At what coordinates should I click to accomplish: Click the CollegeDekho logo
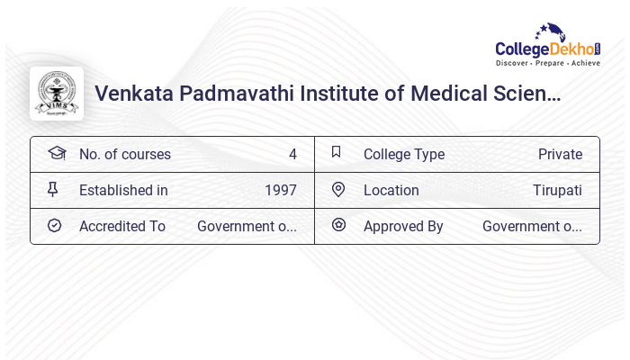click(x=548, y=46)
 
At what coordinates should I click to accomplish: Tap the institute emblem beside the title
click(x=57, y=94)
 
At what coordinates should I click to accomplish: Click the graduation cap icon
click(x=56, y=153)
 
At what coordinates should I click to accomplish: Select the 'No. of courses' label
click(x=124, y=155)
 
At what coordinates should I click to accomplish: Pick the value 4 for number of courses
click(x=292, y=155)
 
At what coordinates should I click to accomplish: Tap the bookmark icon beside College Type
click(x=337, y=152)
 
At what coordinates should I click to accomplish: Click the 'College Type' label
click(x=404, y=155)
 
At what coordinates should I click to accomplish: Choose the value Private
click(x=560, y=155)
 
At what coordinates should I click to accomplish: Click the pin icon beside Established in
click(x=53, y=189)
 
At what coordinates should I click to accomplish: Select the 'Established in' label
click(x=123, y=191)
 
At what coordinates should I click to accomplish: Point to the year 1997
click(x=281, y=191)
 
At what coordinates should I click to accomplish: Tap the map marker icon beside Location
click(x=338, y=189)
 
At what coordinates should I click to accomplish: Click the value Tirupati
click(x=557, y=191)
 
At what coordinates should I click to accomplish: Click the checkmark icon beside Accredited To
click(x=54, y=225)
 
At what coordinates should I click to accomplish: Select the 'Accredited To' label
click(x=122, y=227)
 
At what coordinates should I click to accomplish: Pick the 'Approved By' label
click(x=403, y=227)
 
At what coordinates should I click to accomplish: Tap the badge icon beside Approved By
click(x=338, y=225)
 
